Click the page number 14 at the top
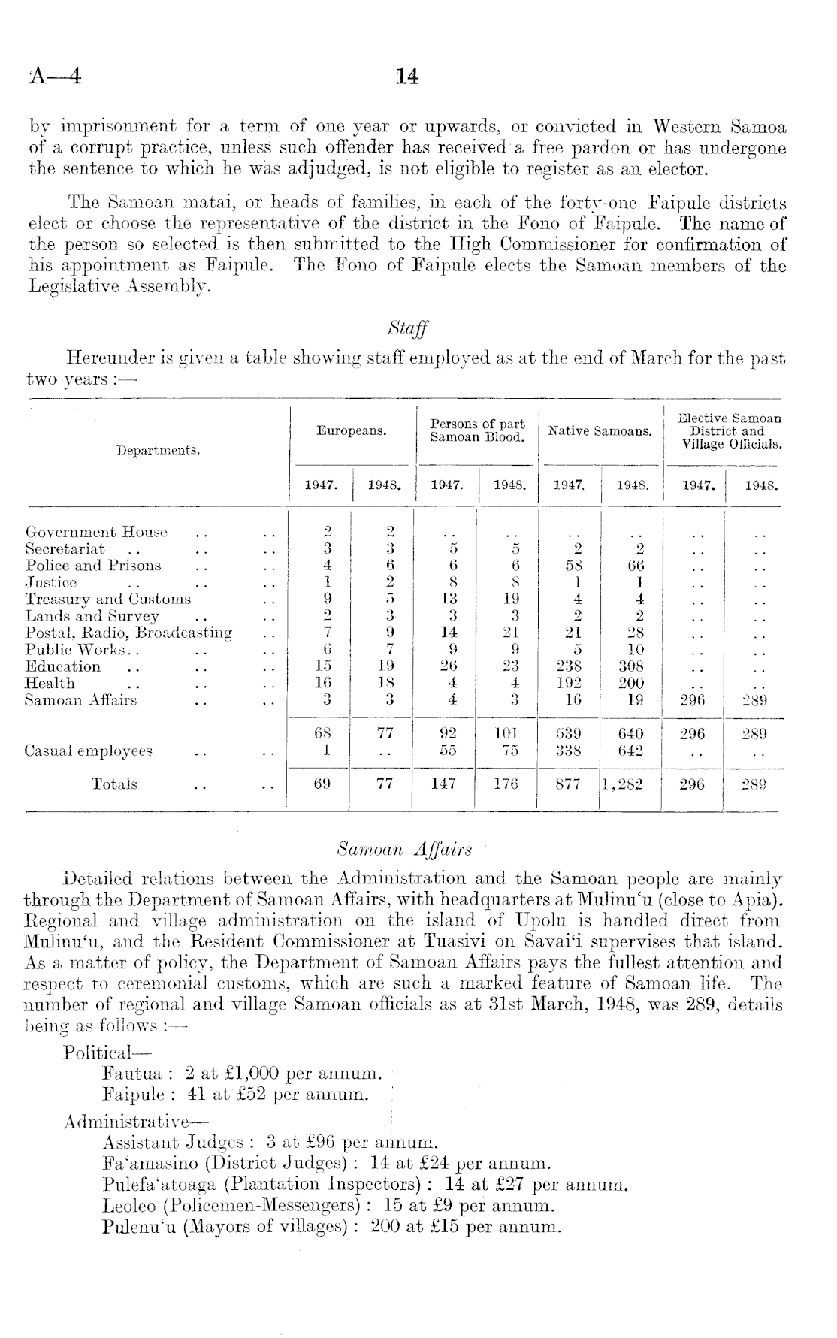click(406, 77)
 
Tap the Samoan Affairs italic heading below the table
click(405, 850)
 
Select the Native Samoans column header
click(600, 431)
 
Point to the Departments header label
click(158, 450)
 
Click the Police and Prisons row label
click(93, 566)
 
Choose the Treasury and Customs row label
click(108, 600)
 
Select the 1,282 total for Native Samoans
click(630, 784)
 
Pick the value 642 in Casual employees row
click(635, 751)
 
